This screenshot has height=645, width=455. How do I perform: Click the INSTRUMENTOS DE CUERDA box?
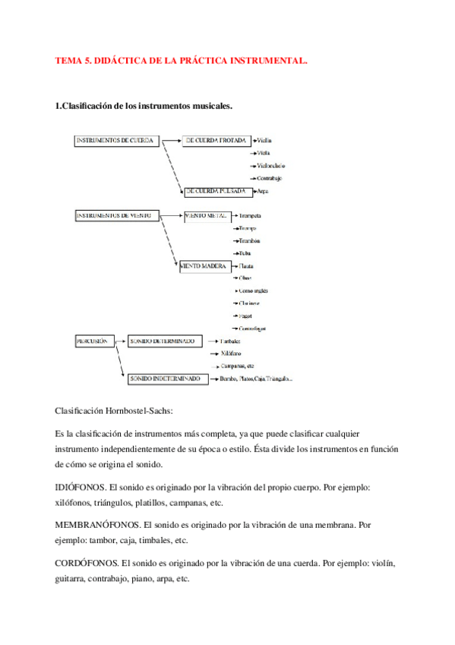[x=118, y=141]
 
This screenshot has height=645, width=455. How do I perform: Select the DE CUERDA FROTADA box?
[x=214, y=141]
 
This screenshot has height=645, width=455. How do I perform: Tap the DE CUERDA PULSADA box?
[x=214, y=192]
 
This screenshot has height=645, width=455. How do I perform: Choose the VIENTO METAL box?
[x=206, y=216]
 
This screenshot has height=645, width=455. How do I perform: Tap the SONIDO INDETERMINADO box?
[x=165, y=378]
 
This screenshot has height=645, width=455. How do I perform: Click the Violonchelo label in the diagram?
[x=272, y=166]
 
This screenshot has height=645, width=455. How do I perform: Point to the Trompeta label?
[x=251, y=216]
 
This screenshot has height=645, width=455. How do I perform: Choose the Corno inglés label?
[x=253, y=291]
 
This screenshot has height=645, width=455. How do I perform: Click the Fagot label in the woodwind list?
[x=245, y=316]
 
